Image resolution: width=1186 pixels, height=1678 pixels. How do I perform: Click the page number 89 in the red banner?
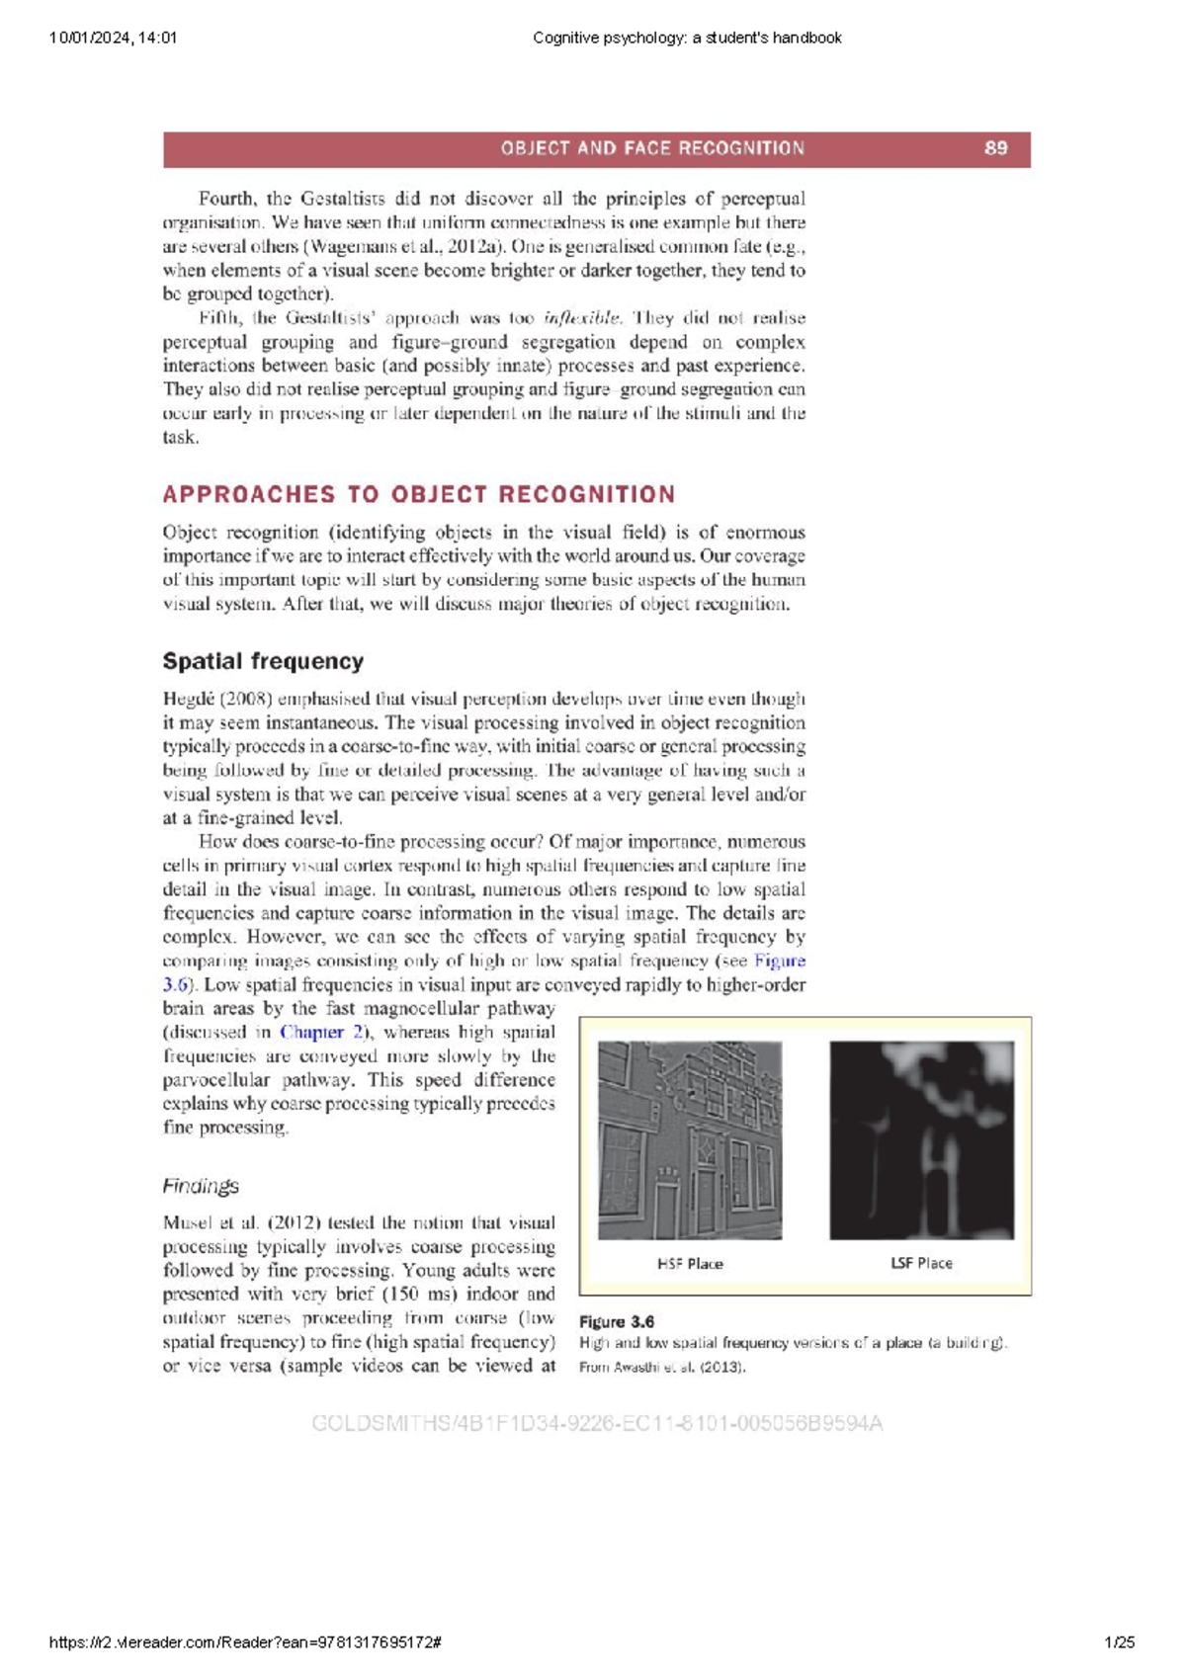point(995,148)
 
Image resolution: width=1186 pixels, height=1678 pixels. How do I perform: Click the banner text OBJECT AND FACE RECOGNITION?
point(652,148)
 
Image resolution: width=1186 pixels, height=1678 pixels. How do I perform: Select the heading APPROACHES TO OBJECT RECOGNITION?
point(419,494)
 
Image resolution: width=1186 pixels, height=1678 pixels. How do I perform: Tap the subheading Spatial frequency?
point(263,661)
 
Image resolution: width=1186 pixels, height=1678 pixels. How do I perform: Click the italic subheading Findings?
point(201,1186)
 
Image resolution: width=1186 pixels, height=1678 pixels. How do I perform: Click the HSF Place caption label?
point(690,1263)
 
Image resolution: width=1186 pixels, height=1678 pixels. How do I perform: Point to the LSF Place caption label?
point(921,1263)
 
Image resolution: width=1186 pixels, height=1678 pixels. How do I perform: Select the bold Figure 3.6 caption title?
point(617,1321)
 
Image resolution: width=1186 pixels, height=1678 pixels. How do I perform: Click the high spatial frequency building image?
point(690,1139)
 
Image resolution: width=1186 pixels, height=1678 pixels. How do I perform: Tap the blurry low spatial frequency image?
point(921,1139)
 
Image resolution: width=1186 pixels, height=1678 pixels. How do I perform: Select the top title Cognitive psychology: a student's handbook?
point(687,38)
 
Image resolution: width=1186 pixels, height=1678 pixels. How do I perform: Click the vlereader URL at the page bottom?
point(244,1642)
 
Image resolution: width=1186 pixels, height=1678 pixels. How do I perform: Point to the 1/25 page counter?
point(1120,1642)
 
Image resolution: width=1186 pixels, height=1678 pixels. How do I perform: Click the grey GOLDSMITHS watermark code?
point(597,1423)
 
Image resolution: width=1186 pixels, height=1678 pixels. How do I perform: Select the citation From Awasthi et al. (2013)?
point(662,1367)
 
